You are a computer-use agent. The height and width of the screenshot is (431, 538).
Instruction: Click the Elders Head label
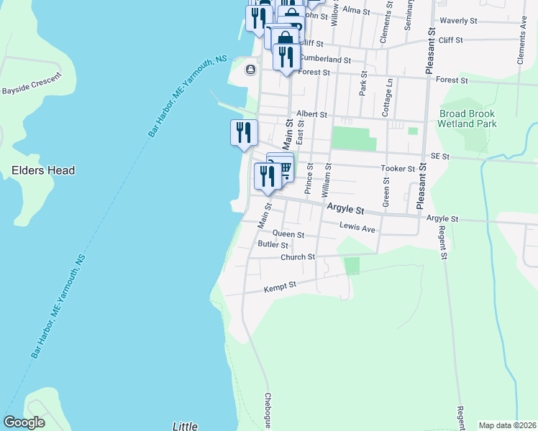point(44,171)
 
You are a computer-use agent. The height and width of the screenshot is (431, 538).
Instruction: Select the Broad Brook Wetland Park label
point(468,119)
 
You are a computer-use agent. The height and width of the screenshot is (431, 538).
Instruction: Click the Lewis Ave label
point(357,228)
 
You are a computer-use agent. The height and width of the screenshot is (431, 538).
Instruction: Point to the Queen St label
point(288,235)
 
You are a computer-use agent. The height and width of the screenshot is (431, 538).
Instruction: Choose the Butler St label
point(273,245)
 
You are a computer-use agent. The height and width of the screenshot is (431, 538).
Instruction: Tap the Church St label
point(298,257)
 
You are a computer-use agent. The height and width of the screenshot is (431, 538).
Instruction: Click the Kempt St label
point(280,286)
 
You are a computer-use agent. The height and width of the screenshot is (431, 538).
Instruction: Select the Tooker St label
point(398,169)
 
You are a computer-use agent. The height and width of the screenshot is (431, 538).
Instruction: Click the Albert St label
point(311,114)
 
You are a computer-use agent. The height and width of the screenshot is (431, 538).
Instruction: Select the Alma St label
point(356,11)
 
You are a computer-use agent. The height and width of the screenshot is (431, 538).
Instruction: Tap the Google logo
point(24,422)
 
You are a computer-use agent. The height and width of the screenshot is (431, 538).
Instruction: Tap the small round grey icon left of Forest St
point(250,70)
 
